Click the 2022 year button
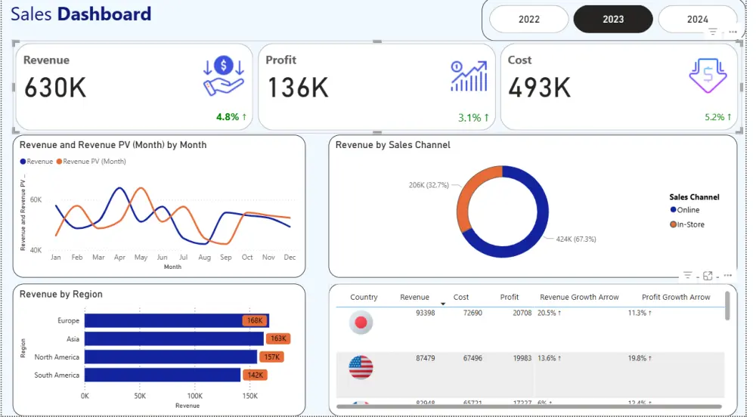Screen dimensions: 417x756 click(x=529, y=19)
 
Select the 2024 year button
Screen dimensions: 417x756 click(x=697, y=19)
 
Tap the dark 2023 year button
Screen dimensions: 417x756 click(x=613, y=19)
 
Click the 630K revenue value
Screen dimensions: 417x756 click(x=55, y=88)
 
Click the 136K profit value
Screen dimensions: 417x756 click(x=298, y=88)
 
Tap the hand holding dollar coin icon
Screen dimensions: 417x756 click(x=223, y=76)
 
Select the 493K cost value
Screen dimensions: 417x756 click(x=539, y=88)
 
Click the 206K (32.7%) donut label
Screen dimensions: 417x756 click(x=429, y=185)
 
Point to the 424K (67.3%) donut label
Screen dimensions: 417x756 click(x=575, y=239)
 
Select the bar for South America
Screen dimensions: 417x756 click(x=162, y=375)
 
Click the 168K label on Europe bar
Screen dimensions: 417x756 click(x=254, y=320)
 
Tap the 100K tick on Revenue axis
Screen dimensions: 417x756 click(x=195, y=396)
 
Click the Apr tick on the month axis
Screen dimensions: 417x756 click(x=119, y=258)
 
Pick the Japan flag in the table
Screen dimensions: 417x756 click(x=361, y=323)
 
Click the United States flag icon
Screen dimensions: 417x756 click(x=361, y=368)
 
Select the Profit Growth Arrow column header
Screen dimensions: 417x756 click(x=676, y=297)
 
